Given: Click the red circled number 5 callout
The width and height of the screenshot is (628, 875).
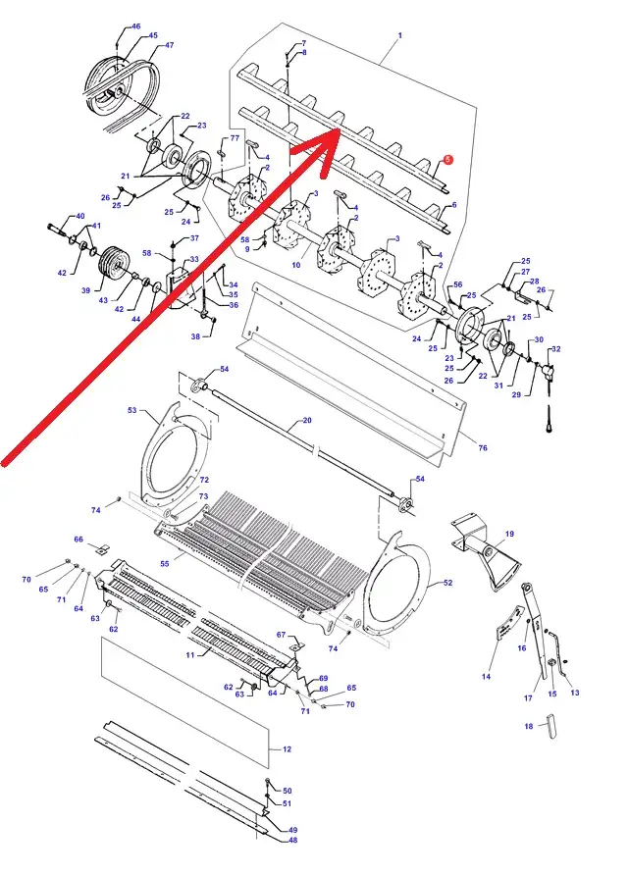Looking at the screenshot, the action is (x=448, y=160).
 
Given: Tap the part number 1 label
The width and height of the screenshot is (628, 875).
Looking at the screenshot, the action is (x=399, y=35).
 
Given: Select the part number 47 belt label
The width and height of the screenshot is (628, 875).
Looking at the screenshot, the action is (x=170, y=45).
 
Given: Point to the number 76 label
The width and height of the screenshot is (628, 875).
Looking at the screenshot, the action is (x=483, y=447).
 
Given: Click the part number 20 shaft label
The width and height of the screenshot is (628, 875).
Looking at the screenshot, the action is (x=307, y=420).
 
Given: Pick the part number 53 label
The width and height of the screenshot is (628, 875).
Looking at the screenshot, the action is (x=131, y=410).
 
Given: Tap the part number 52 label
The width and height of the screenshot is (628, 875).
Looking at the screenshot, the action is (x=447, y=583).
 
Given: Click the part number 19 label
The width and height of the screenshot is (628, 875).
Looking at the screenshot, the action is (x=509, y=534).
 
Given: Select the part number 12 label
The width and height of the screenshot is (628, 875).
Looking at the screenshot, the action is (x=287, y=749).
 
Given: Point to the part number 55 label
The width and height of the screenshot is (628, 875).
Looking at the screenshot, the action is (x=164, y=564).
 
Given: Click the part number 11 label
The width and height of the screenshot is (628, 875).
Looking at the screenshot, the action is (x=190, y=654).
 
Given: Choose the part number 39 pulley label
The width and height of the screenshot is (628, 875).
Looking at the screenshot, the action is (x=85, y=290).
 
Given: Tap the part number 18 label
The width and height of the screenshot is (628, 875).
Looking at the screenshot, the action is (x=529, y=726).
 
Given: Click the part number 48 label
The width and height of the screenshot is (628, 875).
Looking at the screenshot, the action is (x=293, y=840).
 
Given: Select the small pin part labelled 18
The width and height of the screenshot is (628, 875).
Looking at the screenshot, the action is (x=552, y=726).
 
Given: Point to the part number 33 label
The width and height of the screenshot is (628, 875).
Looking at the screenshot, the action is (x=193, y=259).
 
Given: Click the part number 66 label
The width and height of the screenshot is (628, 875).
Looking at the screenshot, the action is (x=78, y=540).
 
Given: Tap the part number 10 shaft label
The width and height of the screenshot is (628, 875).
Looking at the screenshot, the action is (x=296, y=265).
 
